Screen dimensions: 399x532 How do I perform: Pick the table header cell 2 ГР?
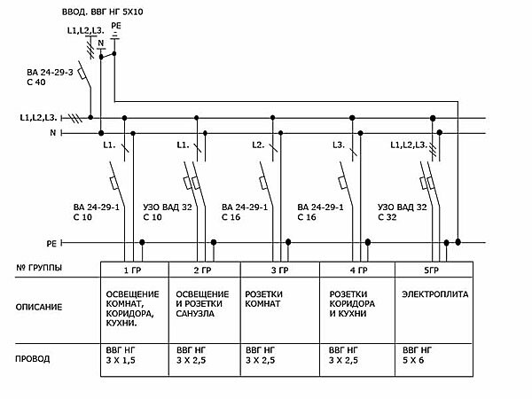(x=202, y=270)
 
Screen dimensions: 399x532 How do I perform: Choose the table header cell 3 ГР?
(x=279, y=270)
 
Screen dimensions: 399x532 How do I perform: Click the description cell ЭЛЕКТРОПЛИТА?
(x=434, y=293)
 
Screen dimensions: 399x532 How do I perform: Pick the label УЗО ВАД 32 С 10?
(x=168, y=211)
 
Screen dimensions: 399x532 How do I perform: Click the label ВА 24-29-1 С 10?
(x=93, y=211)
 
